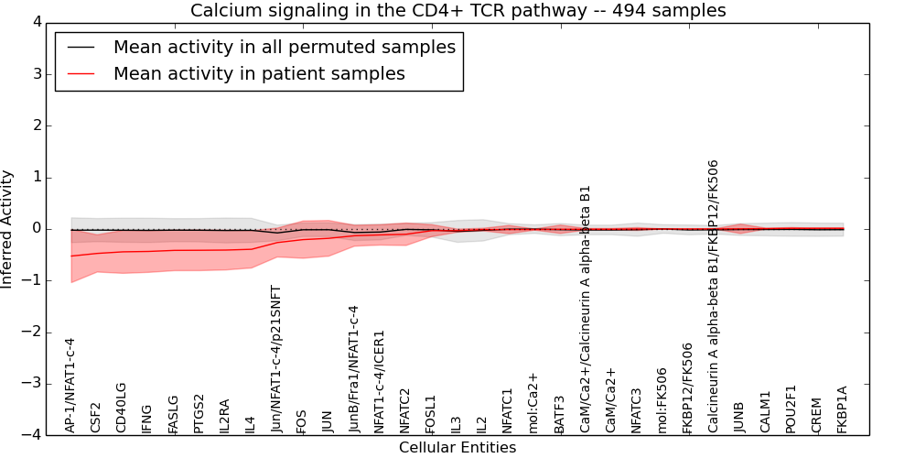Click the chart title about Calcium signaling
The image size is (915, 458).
457,11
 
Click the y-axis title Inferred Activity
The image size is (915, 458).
8,229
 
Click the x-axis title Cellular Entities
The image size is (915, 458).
457,448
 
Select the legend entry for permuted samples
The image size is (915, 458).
284,47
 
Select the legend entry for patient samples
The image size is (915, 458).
259,73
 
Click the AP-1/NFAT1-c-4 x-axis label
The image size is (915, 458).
70,385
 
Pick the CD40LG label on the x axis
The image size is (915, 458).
122,408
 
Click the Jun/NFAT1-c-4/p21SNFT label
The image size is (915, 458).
276,358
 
